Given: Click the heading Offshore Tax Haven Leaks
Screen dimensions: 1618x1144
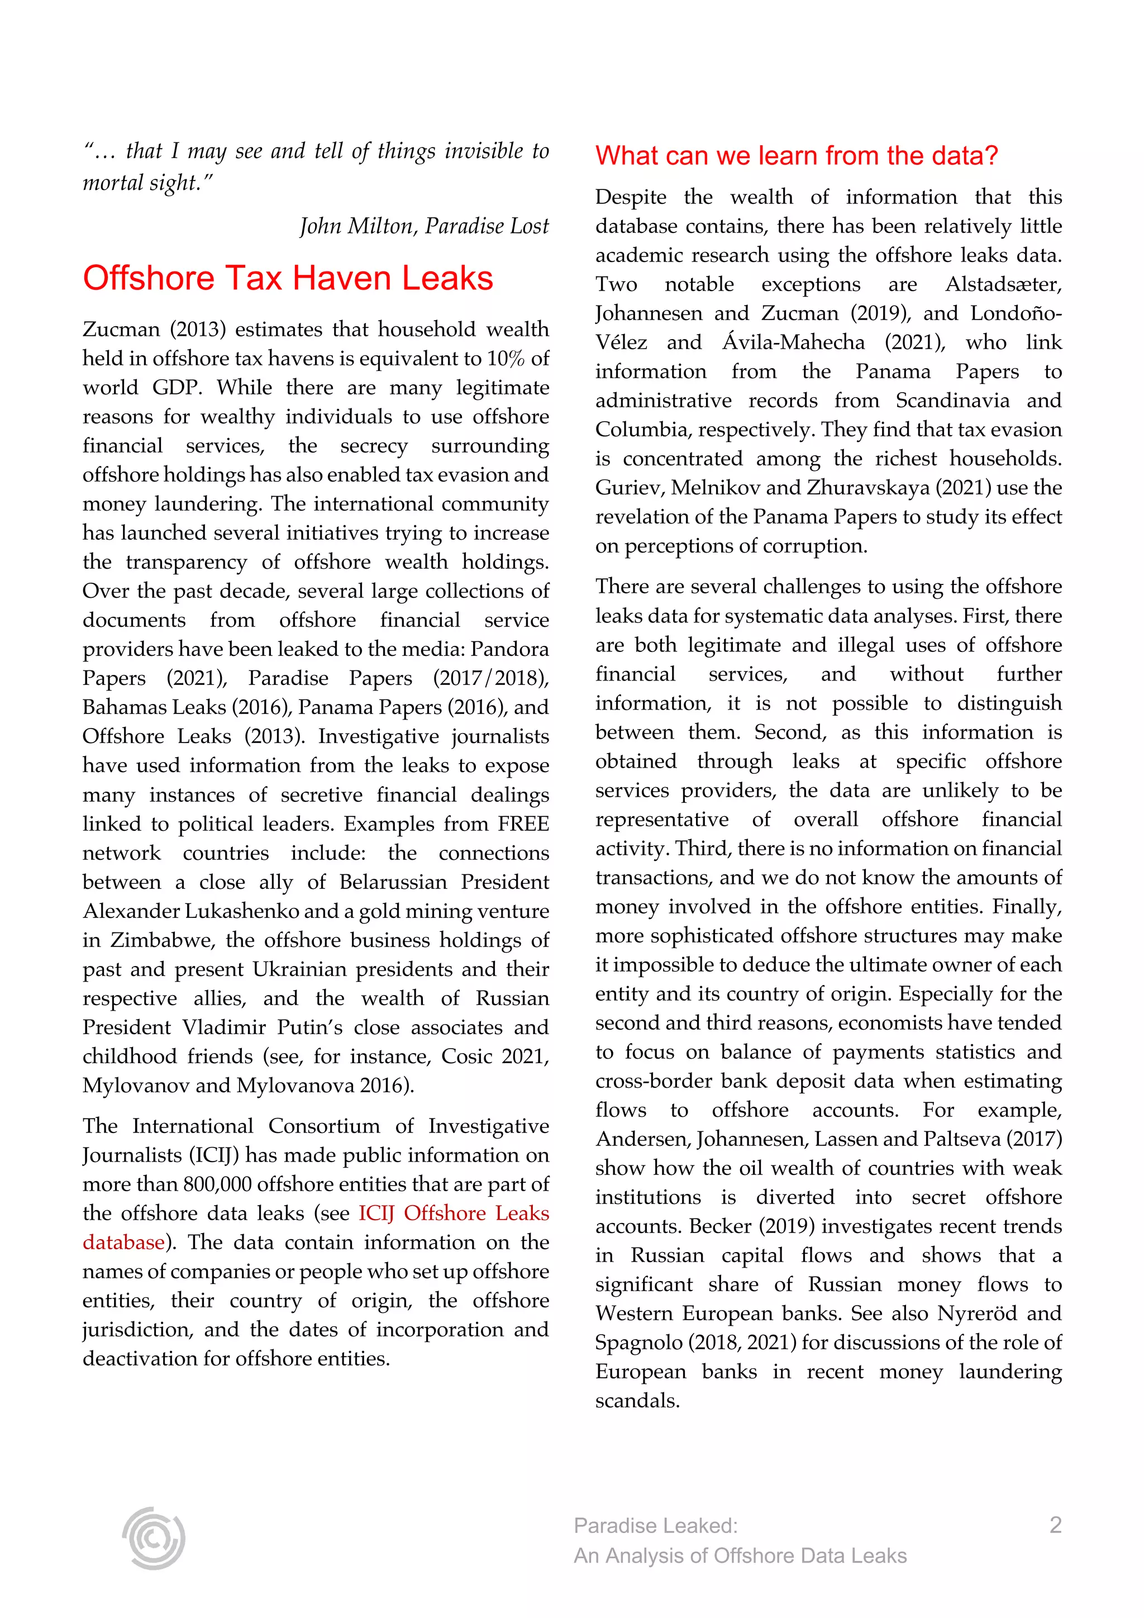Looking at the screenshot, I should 288,278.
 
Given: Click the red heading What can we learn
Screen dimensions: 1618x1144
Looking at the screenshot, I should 796,156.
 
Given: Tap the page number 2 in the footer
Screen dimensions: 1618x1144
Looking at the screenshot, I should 1055,1525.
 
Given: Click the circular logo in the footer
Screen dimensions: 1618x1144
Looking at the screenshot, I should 153,1538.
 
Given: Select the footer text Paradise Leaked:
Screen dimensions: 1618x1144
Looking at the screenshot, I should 655,1526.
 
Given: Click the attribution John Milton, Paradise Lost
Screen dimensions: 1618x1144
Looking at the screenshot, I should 423,226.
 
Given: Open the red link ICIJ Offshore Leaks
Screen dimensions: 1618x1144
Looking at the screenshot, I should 453,1213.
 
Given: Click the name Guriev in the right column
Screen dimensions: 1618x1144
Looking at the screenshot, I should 628,488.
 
